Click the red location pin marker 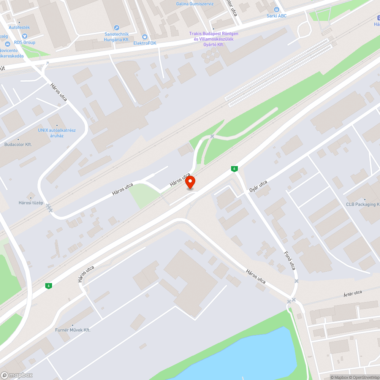(x=190, y=182)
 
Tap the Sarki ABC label (x=276, y=16)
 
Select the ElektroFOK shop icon (x=144, y=37)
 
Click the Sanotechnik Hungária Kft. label (x=117, y=36)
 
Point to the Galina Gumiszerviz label (x=195, y=4)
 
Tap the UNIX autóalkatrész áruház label (x=57, y=133)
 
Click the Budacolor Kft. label (x=18, y=144)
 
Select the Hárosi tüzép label (x=31, y=203)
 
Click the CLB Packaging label (x=363, y=204)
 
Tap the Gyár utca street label (x=258, y=186)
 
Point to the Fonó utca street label (x=290, y=261)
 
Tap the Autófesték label (x=19, y=27)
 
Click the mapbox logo (x=17, y=375)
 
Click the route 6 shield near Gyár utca (x=234, y=168)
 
